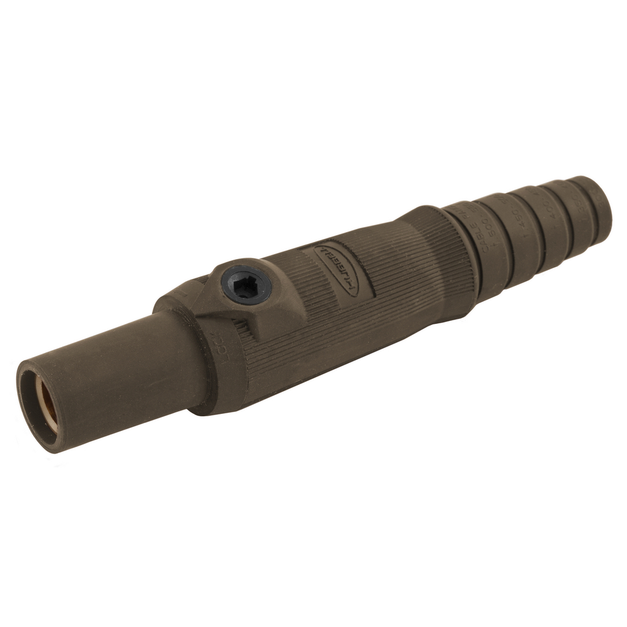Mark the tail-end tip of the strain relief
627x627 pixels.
pyautogui.click(x=603, y=199)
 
